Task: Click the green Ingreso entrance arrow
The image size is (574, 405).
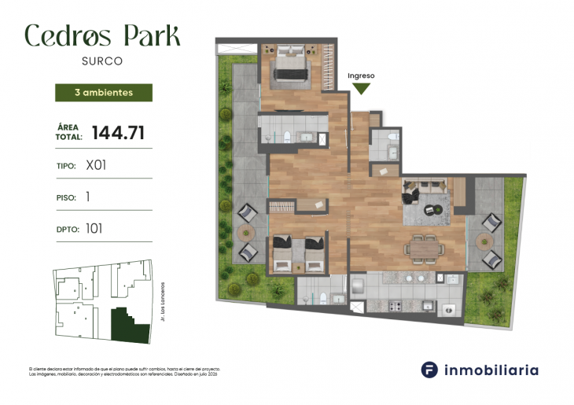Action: (x=361, y=88)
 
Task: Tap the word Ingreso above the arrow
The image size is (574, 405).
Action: (x=361, y=75)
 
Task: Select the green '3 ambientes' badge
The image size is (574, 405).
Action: (x=103, y=93)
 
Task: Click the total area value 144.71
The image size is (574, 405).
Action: (x=118, y=133)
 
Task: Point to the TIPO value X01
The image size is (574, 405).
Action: (x=96, y=166)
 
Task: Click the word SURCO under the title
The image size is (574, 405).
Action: (x=103, y=59)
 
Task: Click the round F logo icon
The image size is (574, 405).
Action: (x=429, y=370)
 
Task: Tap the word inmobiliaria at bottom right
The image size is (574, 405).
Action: (x=491, y=370)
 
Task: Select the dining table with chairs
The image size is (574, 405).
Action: (x=425, y=249)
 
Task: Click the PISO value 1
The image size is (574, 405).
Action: (x=87, y=197)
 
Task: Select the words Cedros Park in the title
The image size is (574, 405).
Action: (x=103, y=35)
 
